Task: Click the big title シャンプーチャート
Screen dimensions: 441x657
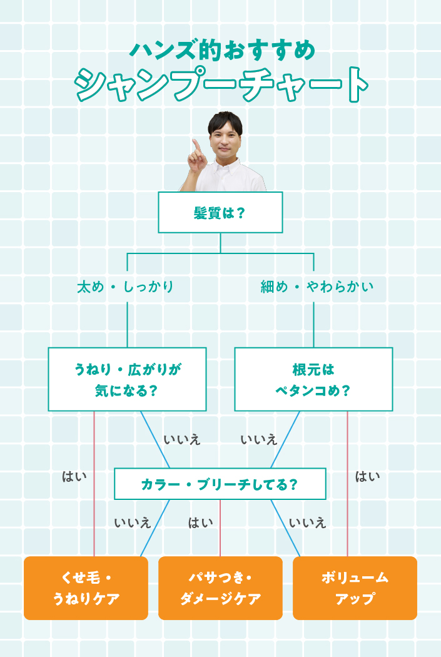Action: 221,84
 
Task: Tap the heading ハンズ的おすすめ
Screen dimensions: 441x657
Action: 223,50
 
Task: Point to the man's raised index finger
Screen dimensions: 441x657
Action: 195,147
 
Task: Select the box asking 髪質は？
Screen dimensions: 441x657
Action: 220,213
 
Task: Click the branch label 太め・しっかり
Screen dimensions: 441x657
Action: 125,287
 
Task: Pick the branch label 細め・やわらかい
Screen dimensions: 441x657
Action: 317,287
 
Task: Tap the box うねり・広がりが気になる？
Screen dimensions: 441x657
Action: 128,379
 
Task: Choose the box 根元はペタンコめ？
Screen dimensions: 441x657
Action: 313,379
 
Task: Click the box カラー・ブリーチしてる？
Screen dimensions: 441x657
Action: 220,484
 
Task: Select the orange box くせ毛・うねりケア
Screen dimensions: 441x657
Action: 86,588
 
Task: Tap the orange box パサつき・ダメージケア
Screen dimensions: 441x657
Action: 220,588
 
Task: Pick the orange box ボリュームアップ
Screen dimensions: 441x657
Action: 355,588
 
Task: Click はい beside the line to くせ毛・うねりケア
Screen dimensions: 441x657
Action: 74,476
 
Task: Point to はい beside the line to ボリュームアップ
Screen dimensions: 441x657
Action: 368,476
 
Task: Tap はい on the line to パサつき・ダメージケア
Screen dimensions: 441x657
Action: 200,522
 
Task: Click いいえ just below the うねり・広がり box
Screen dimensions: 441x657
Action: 182,439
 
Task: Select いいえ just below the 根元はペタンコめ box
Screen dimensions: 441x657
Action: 259,439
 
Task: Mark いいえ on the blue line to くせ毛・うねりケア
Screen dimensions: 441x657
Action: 133,522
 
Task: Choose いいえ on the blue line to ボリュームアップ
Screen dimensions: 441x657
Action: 307,522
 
